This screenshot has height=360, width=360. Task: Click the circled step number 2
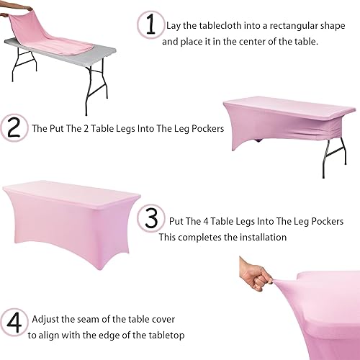click(x=14, y=129)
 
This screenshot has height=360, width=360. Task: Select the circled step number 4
click(x=14, y=321)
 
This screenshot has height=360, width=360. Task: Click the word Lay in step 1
click(x=174, y=26)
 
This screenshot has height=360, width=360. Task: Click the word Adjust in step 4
click(x=45, y=318)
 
